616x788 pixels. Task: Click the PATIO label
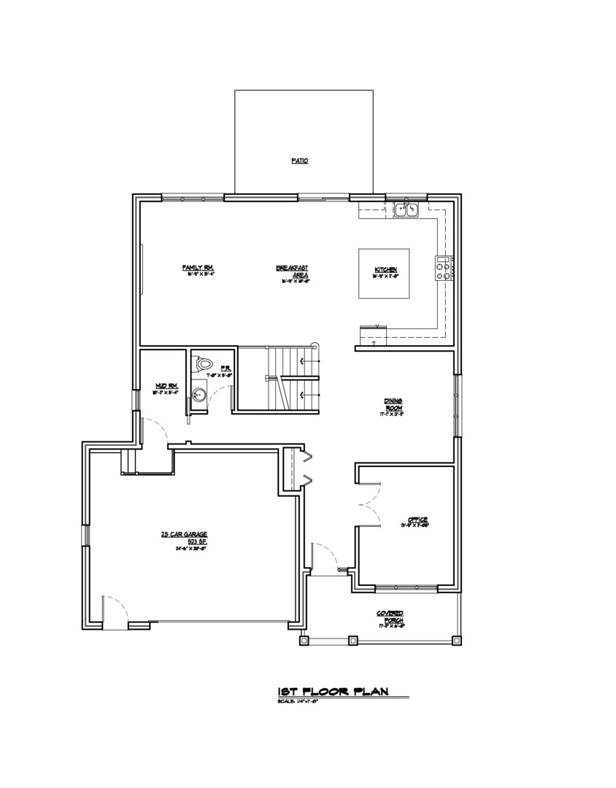tap(299, 161)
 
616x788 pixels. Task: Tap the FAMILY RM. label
tap(197, 267)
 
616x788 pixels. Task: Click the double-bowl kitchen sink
tap(405, 210)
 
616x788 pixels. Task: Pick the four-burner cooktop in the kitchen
tap(443, 268)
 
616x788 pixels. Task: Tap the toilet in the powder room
tap(204, 362)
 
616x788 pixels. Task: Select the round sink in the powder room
tap(199, 395)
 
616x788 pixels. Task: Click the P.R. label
tap(226, 369)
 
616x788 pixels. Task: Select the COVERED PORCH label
tap(390, 617)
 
